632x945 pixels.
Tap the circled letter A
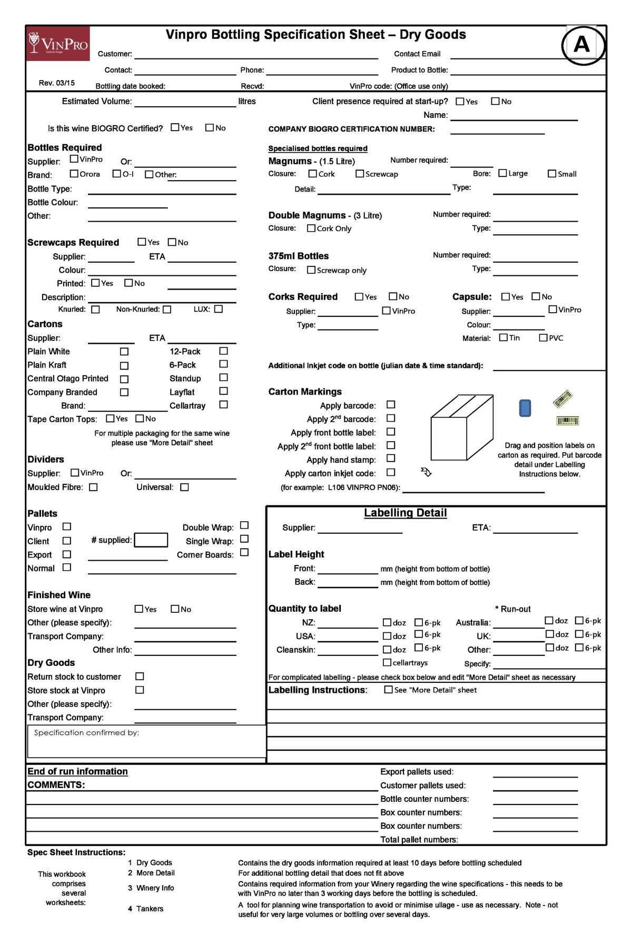click(x=581, y=45)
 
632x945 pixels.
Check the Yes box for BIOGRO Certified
click(x=175, y=127)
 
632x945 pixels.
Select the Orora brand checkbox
click(x=74, y=174)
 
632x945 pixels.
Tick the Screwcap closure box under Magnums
click(x=360, y=174)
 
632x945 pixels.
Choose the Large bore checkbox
click(x=502, y=173)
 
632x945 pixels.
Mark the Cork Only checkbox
click(x=311, y=228)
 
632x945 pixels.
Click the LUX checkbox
click(x=219, y=309)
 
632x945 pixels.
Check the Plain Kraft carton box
click(x=124, y=365)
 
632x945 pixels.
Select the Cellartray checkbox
click(x=223, y=405)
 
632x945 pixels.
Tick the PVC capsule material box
click(x=543, y=338)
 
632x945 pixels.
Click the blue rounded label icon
click(x=525, y=408)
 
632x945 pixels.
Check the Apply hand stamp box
click(x=391, y=459)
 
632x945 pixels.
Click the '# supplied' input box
click(x=151, y=540)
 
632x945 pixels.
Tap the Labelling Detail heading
click(x=405, y=513)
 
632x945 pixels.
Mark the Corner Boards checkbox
click(x=244, y=552)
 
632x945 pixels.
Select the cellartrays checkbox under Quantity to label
click(x=387, y=662)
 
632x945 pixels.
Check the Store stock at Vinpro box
click(x=140, y=690)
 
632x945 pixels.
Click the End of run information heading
click(x=77, y=771)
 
